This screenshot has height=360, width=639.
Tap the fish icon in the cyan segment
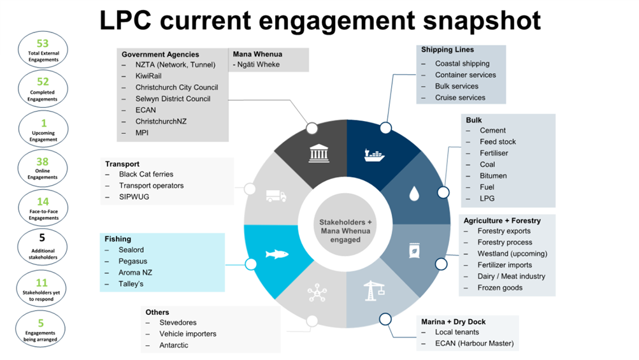[278, 254]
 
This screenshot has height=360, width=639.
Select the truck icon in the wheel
[276, 196]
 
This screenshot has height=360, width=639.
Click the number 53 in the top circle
[43, 43]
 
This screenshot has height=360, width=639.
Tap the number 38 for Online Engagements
[43, 162]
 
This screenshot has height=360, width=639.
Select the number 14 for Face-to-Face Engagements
[43, 202]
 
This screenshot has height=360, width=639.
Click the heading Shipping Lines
[447, 50]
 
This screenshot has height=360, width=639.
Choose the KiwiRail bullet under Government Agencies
[148, 76]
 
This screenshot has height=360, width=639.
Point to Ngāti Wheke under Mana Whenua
[257, 65]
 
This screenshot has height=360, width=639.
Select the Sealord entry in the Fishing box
[131, 250]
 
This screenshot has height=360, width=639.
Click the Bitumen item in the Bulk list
[493, 176]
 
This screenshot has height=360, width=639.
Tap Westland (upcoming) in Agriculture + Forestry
[512, 254]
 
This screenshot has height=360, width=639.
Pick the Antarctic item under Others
[174, 345]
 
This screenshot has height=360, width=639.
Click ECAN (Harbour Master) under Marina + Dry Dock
[474, 344]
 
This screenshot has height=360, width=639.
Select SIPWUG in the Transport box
[134, 197]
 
